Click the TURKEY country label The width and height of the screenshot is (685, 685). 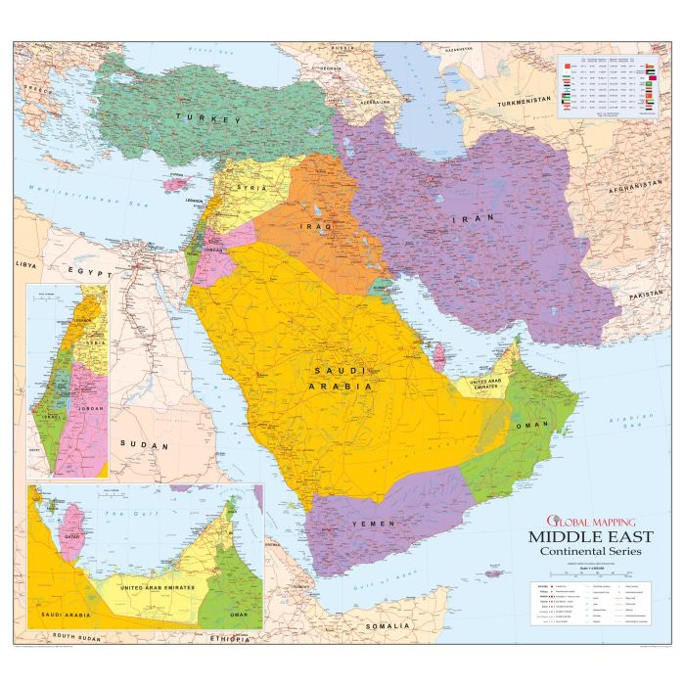(x=207, y=119)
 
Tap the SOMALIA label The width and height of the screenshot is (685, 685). (x=385, y=625)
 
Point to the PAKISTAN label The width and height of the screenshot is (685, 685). (x=647, y=295)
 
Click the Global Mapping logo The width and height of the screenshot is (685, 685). (x=584, y=520)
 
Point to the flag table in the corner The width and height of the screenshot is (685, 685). (x=607, y=86)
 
